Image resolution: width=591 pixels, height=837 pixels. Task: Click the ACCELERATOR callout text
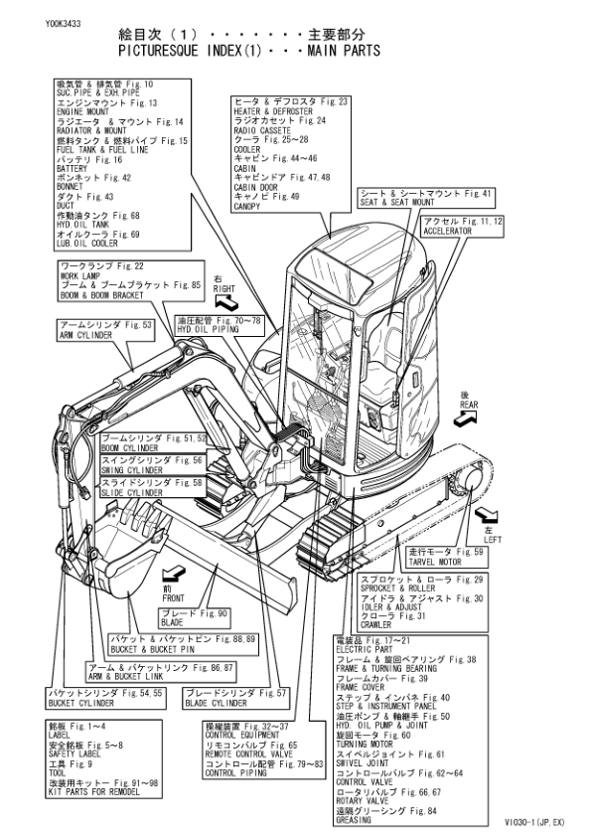pos(448,229)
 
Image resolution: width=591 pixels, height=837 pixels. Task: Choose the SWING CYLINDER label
pos(129,470)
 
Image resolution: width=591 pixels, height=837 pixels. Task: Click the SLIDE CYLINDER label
pos(130,492)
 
